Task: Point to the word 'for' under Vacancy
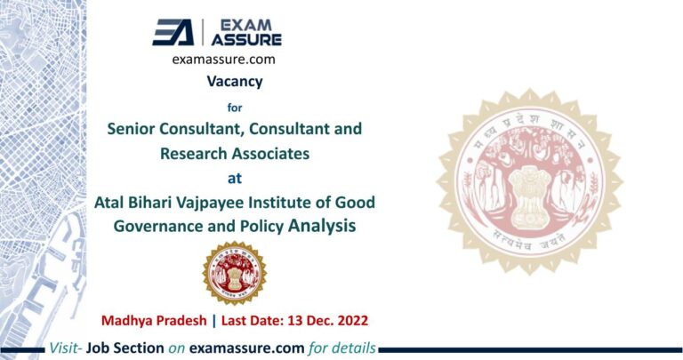pyautogui.click(x=235, y=105)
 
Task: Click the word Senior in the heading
pyautogui.click(x=131, y=129)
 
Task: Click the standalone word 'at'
pyautogui.click(x=235, y=177)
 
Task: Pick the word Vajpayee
pyautogui.click(x=213, y=202)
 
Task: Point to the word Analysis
pyautogui.click(x=322, y=226)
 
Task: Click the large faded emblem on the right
pyautogui.click(x=529, y=180)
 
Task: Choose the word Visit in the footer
pyautogui.click(x=65, y=348)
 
